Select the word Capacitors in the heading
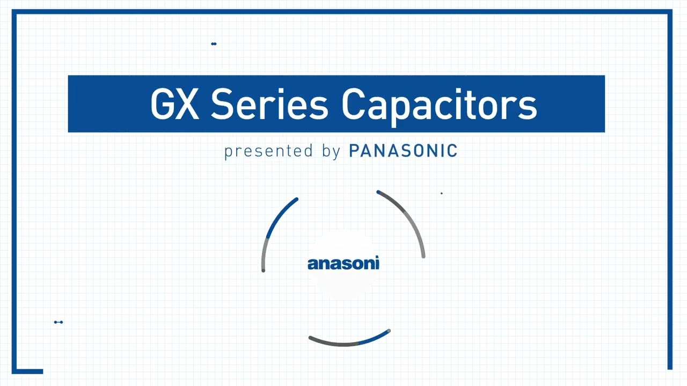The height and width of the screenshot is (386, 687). [438, 105]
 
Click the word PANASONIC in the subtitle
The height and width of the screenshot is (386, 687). [403, 151]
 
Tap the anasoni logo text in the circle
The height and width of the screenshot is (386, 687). [343, 263]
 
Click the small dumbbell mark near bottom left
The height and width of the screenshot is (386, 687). [59, 322]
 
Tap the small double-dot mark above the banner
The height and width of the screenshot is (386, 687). [214, 44]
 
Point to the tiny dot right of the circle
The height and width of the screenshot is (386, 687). [442, 193]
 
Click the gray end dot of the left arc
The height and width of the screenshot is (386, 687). [263, 270]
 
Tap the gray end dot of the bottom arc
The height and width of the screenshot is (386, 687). [389, 331]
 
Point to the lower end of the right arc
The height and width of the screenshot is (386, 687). [423, 256]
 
